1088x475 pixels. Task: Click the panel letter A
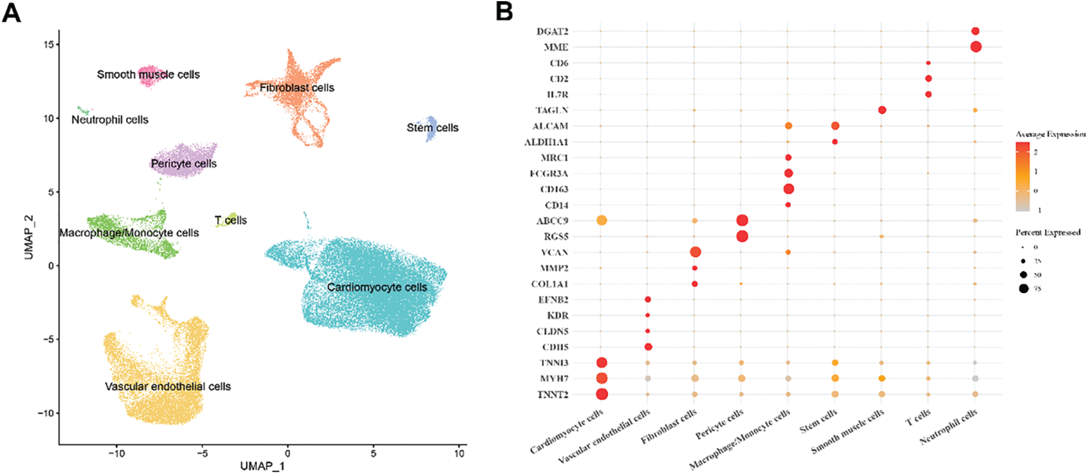pyautogui.click(x=12, y=12)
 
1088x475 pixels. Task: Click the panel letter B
pyautogui.click(x=504, y=11)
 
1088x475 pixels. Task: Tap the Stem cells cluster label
pyautogui.click(x=433, y=128)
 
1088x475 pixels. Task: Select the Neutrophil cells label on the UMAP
pyautogui.click(x=110, y=120)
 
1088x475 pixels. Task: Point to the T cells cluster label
pyautogui.click(x=231, y=220)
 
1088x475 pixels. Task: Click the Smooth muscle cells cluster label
pyautogui.click(x=148, y=75)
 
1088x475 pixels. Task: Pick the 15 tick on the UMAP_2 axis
pyautogui.click(x=48, y=44)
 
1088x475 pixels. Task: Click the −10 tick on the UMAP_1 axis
pyautogui.click(x=117, y=453)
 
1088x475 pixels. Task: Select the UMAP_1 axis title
pyautogui.click(x=263, y=466)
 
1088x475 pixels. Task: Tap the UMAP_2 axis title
pyautogui.click(x=28, y=237)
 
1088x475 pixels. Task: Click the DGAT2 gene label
pyautogui.click(x=552, y=32)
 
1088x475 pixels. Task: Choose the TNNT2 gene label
pyautogui.click(x=553, y=395)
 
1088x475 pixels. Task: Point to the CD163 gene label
pyautogui.click(x=554, y=190)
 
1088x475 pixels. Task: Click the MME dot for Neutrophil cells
pyautogui.click(x=976, y=47)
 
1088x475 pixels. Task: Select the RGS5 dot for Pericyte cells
pyautogui.click(x=742, y=236)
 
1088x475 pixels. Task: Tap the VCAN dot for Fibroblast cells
pyautogui.click(x=695, y=252)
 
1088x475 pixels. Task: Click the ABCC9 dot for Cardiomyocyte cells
pyautogui.click(x=602, y=220)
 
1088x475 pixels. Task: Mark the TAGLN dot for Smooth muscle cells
pyautogui.click(x=882, y=110)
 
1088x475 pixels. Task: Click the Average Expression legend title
pyautogui.click(x=1050, y=134)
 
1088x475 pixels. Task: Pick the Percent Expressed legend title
pyautogui.click(x=1048, y=232)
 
